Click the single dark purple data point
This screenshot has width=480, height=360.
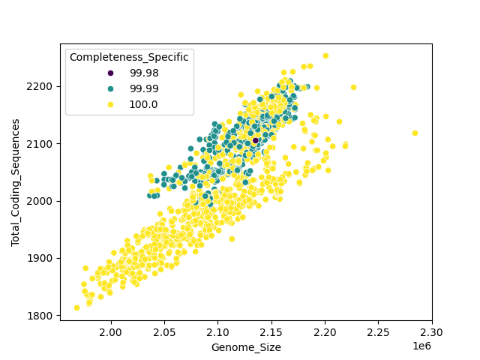point(255,140)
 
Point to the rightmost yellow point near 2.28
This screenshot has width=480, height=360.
point(415,133)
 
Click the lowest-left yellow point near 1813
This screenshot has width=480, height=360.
point(76,307)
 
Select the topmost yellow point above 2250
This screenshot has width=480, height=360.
point(325,55)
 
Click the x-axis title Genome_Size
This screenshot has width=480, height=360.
point(246,347)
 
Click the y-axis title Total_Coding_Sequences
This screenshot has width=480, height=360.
point(16,182)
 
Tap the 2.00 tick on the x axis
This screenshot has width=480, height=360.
point(111,331)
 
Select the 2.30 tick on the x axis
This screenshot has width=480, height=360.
point(432,331)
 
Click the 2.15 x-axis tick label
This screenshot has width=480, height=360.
point(271,331)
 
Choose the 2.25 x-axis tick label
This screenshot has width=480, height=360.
point(379,331)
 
